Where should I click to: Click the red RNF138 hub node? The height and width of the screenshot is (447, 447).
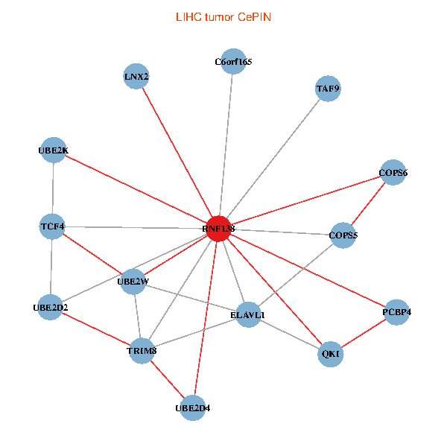tap(218, 229)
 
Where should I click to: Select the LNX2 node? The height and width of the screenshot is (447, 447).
tap(136, 77)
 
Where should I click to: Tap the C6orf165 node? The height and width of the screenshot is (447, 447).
tap(233, 62)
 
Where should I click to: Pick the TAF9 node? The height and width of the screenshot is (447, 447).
tap(328, 89)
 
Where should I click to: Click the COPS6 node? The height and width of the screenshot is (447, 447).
tap(393, 173)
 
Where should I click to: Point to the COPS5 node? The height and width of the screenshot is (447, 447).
tap(343, 236)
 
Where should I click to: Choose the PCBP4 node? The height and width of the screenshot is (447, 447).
tap(396, 312)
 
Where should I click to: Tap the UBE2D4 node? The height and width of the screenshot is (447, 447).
tap(192, 408)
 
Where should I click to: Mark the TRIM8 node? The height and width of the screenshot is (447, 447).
tap(142, 350)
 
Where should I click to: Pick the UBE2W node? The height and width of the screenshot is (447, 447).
tap(133, 282)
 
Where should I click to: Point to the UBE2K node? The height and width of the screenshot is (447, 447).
tap(54, 150)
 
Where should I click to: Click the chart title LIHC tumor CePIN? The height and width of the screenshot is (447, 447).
tap(223, 16)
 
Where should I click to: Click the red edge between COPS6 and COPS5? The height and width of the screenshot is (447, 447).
tap(368, 204)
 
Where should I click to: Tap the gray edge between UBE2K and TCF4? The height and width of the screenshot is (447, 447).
tap(53, 188)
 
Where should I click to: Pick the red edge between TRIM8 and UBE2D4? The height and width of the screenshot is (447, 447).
tap(167, 378)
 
